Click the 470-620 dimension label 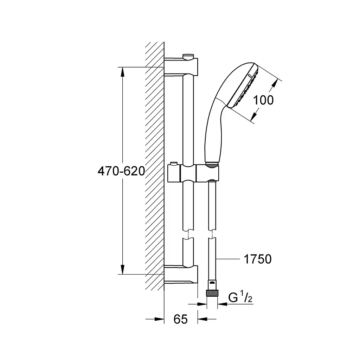[x=121, y=171]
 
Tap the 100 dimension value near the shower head [x=263, y=100]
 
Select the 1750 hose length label [x=258, y=259]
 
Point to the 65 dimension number [x=180, y=319]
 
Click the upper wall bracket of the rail [x=181, y=66]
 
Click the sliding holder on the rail [x=193, y=173]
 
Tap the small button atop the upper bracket [x=188, y=57]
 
